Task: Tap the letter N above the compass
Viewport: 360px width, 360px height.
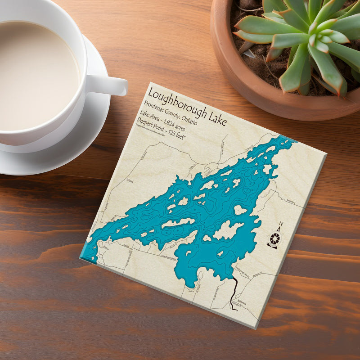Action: (281, 224)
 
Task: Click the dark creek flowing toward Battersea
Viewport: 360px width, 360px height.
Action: (234, 292)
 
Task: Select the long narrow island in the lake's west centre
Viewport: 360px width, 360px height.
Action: (178, 222)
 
